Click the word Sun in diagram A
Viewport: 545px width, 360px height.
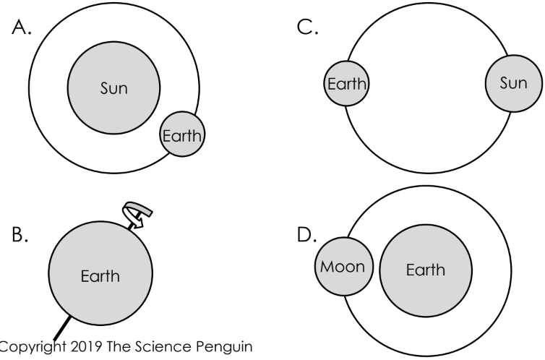click(x=113, y=90)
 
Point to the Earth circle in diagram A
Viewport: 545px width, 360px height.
click(x=183, y=135)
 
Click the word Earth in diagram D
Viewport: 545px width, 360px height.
click(x=426, y=270)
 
